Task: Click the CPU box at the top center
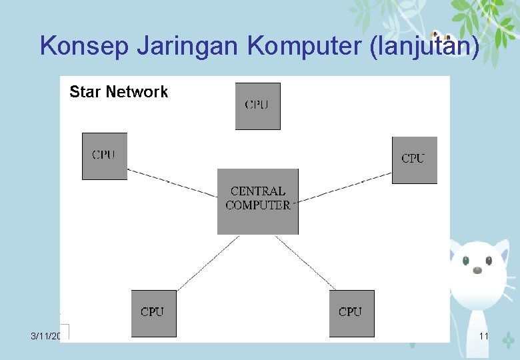(257, 106)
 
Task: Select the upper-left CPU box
(104, 156)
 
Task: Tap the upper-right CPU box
(414, 160)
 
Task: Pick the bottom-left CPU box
(153, 313)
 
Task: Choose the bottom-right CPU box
(351, 313)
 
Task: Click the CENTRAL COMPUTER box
(257, 201)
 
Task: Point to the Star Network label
(119, 92)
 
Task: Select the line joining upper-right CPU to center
(345, 186)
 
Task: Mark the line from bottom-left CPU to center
(207, 263)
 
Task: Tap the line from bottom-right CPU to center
(306, 263)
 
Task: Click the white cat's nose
(477, 270)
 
